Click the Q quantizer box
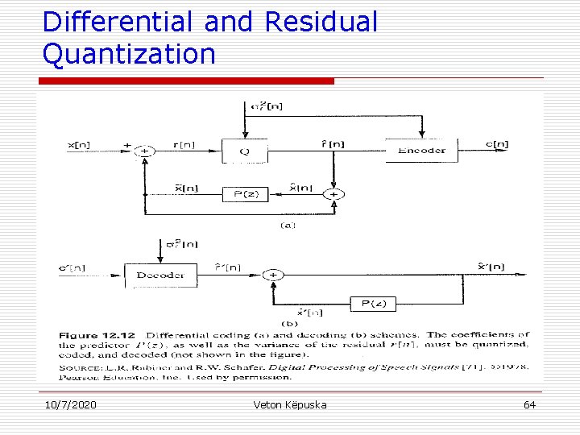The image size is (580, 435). [x=244, y=151]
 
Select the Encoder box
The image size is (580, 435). [x=421, y=151]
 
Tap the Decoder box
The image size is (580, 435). [x=160, y=275]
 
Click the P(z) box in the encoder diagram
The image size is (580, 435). [x=245, y=194]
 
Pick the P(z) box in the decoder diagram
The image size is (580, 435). [x=374, y=304]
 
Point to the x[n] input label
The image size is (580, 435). [x=78, y=145]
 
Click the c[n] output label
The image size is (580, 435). [x=496, y=144]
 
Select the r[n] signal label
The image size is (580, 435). [x=184, y=144]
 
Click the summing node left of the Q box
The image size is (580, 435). [x=145, y=151]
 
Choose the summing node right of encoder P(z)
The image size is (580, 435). [x=333, y=194]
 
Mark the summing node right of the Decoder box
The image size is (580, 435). [x=273, y=275]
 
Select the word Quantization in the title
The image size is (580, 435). [x=129, y=54]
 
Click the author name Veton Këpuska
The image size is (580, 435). [x=290, y=404]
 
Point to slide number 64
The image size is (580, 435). [x=529, y=404]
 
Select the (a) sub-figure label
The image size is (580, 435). [x=288, y=225]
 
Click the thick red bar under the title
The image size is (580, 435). [x=186, y=81]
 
